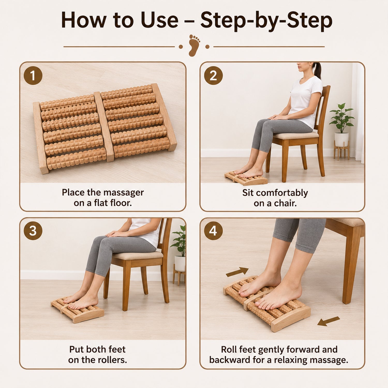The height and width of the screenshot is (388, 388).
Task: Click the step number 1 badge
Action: (x=33, y=76)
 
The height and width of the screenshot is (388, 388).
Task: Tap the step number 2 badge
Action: (x=213, y=76)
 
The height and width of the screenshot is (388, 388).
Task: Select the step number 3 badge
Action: (x=33, y=231)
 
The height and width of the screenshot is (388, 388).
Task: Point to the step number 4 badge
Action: (x=213, y=231)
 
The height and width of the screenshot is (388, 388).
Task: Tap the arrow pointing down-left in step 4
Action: (x=329, y=321)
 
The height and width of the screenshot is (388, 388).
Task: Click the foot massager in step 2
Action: (x=246, y=178)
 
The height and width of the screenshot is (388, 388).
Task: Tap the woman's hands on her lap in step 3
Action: (x=117, y=234)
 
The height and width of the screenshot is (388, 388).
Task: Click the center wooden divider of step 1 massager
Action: (x=104, y=126)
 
